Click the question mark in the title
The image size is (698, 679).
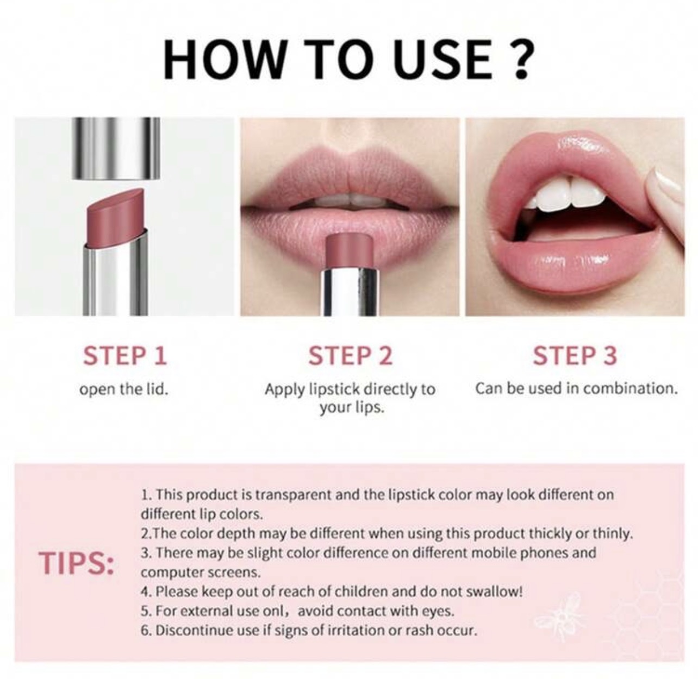(x=518, y=60)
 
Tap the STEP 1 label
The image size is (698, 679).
(x=125, y=356)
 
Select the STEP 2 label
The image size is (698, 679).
(x=351, y=356)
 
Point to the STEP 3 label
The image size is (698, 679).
(x=575, y=356)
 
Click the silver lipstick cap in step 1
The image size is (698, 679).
(x=116, y=148)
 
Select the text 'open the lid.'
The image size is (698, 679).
(x=124, y=389)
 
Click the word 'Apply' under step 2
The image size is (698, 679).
(x=285, y=389)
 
